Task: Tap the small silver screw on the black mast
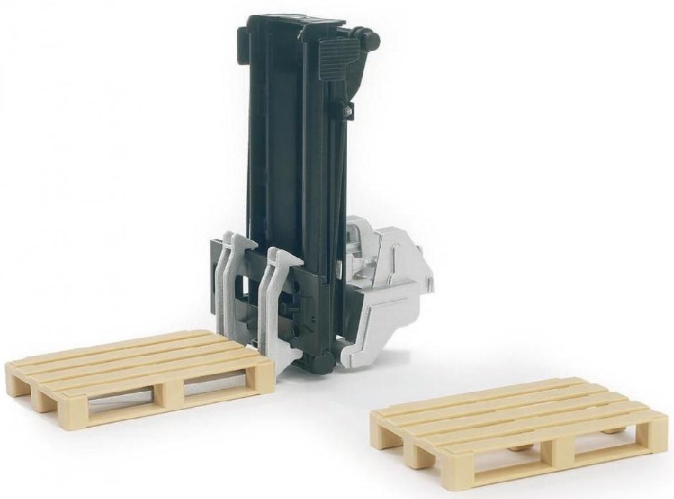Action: (348, 111)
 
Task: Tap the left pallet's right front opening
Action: (216, 388)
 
